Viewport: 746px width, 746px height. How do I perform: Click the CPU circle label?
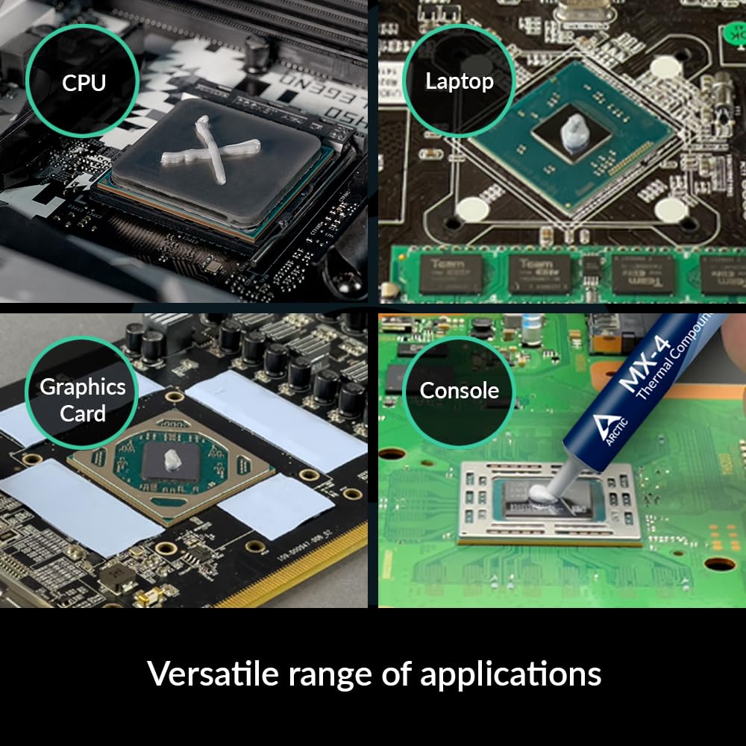pyautogui.click(x=84, y=82)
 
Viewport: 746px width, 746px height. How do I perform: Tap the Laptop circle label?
pyautogui.click(x=460, y=81)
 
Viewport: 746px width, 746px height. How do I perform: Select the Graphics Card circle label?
pyautogui.click(x=82, y=400)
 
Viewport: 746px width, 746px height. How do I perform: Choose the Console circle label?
pyautogui.click(x=460, y=390)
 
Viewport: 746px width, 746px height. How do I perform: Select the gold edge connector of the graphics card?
pyautogui.click(x=298, y=567)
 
